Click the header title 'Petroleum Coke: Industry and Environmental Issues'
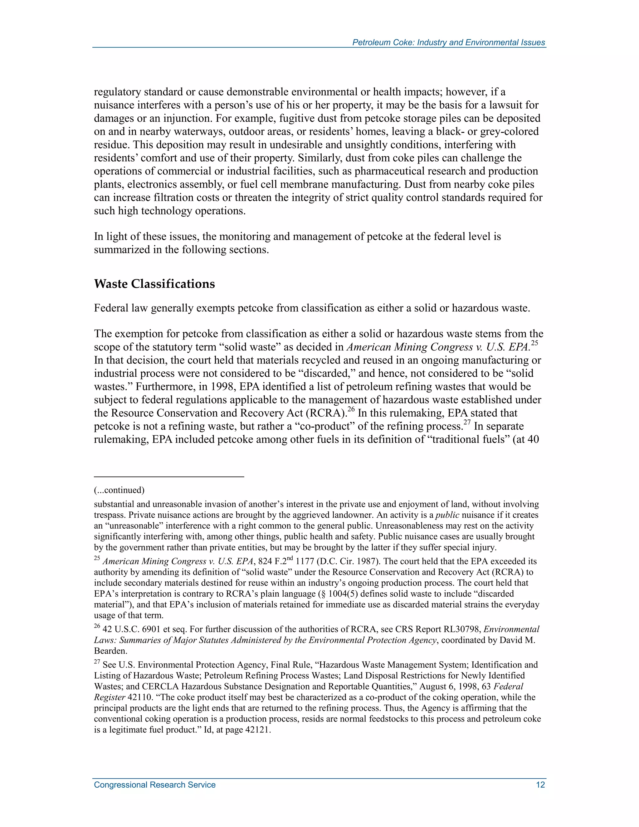tap(449, 42)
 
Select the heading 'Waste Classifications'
tap(154, 284)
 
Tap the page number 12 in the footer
tap(540, 785)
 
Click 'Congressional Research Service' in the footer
tap(154, 785)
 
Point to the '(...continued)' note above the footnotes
tap(119, 490)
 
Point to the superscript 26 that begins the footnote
tap(97, 627)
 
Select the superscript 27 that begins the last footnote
tap(97, 662)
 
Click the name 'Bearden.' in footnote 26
tap(110, 651)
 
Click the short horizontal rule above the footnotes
tap(169, 477)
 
